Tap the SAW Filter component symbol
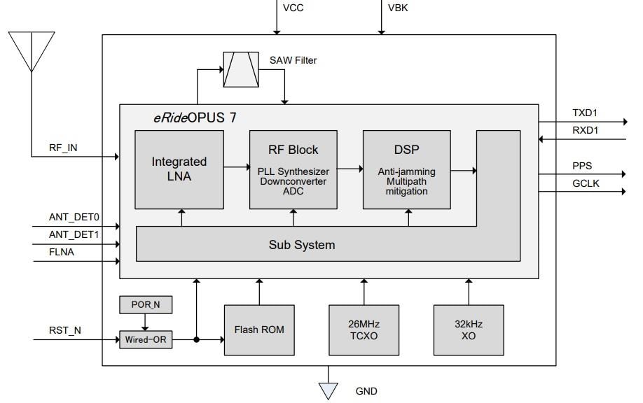click(x=240, y=69)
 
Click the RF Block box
click(x=292, y=169)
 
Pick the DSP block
click(x=406, y=169)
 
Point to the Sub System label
click(x=302, y=245)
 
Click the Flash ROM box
click(x=259, y=330)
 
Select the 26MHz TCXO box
click(x=364, y=330)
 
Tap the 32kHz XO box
click(x=469, y=330)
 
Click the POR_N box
click(x=145, y=305)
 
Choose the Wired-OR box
click(x=145, y=340)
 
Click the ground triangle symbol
click(x=328, y=390)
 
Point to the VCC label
click(x=293, y=8)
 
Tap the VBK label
click(x=399, y=8)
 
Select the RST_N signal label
click(x=65, y=330)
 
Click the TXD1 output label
click(x=586, y=112)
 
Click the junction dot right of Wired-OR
click(x=197, y=340)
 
